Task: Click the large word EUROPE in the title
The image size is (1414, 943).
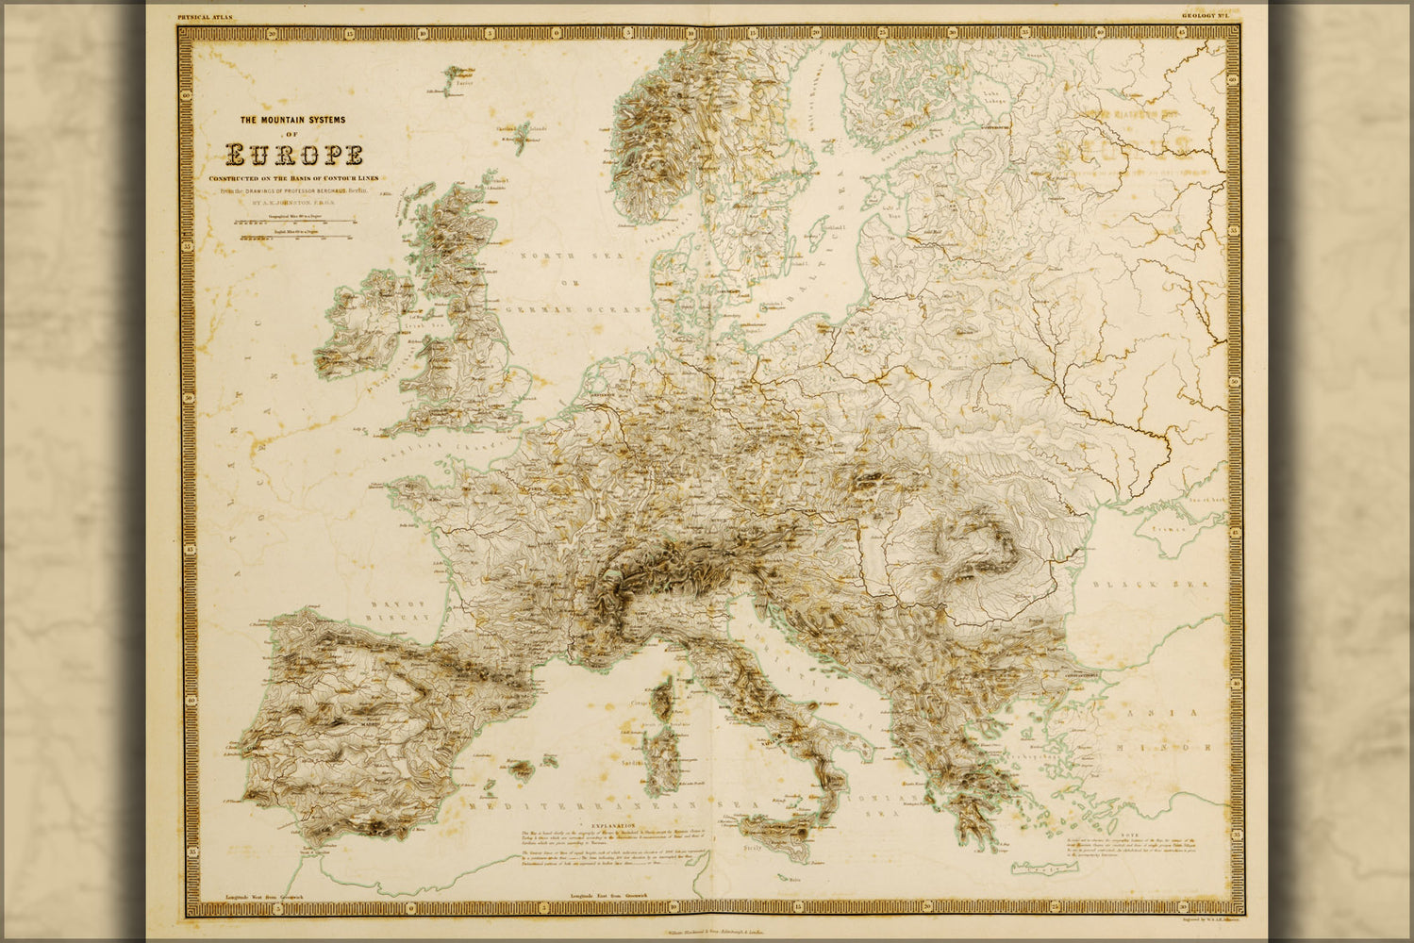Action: [x=293, y=155]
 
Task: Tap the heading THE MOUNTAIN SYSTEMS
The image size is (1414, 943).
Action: [x=293, y=120]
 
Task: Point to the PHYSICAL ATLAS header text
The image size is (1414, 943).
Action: [x=205, y=17]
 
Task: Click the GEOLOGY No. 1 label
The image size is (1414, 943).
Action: [x=1201, y=16]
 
